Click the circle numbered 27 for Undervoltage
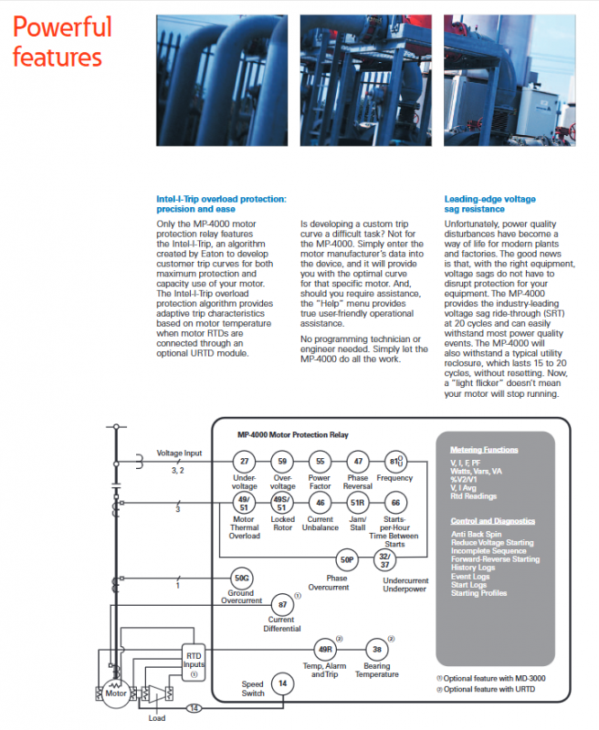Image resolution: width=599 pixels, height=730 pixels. (244, 462)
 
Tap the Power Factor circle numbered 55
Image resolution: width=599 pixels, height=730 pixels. (320, 462)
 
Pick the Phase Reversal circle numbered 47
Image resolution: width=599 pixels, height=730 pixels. (358, 462)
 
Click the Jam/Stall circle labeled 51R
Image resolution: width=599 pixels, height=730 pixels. (358, 503)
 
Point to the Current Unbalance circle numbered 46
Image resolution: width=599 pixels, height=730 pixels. (320, 503)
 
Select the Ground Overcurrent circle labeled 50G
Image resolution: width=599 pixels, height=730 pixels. (241, 578)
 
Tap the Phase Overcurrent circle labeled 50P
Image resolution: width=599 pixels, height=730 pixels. (346, 559)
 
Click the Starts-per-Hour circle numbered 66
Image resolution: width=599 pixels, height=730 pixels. (395, 503)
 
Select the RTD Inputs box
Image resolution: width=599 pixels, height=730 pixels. (194, 662)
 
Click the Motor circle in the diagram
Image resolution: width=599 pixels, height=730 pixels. (115, 693)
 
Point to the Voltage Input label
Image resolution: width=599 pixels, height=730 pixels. (180, 453)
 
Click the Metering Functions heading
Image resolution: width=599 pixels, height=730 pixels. (485, 450)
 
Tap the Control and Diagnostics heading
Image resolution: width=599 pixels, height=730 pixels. (493, 521)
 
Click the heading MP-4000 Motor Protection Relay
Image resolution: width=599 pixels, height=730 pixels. (292, 434)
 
